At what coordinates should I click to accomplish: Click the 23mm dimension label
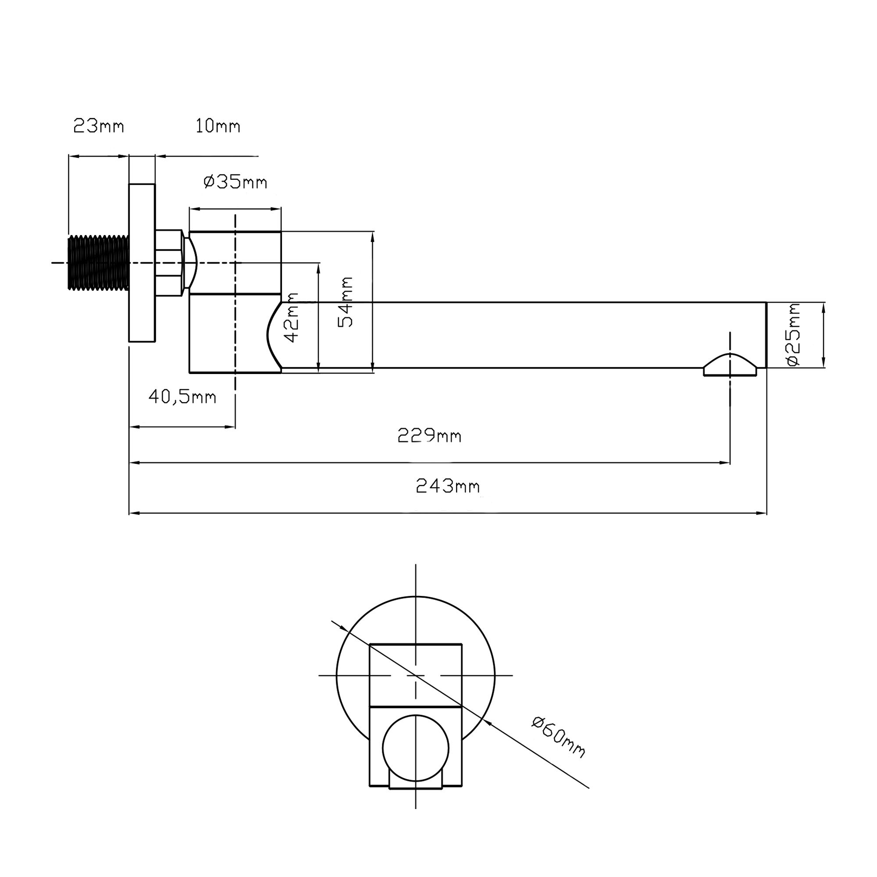(98, 126)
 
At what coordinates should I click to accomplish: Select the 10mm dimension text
(217, 126)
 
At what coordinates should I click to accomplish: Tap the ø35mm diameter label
(235, 182)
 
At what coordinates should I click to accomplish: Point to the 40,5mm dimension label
(182, 397)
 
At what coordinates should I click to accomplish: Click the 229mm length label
(429, 436)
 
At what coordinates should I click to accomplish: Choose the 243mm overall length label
(448, 487)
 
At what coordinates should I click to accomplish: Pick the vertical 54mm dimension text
(346, 302)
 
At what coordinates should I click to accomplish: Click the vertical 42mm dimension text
(291, 317)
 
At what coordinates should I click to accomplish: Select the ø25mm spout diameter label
(794, 335)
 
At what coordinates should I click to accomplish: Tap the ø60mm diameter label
(559, 736)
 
